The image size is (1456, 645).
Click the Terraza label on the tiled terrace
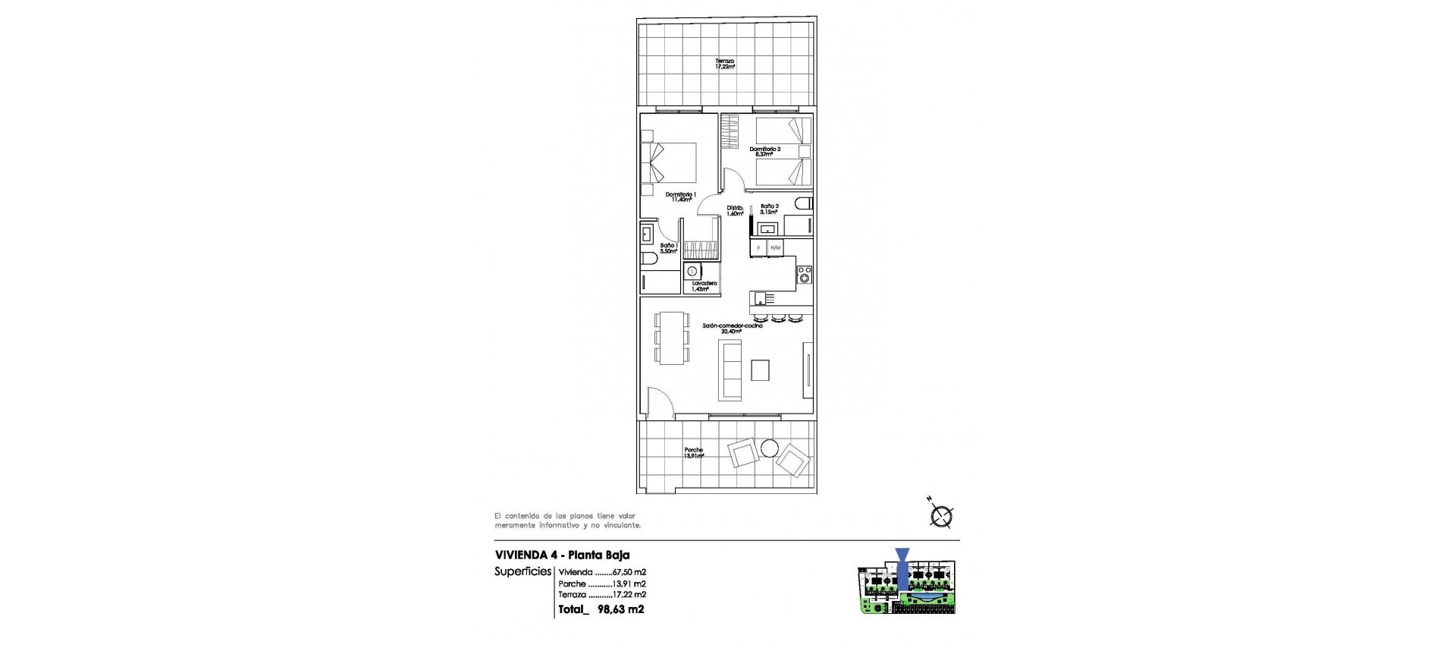[x=725, y=64]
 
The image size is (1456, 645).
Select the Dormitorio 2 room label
[x=764, y=151]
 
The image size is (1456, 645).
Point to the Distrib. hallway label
[x=735, y=210]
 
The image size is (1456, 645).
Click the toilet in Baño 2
[x=805, y=203]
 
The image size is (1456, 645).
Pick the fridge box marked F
[x=758, y=248]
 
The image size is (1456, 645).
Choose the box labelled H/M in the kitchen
[x=775, y=248]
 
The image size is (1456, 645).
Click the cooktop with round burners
[x=805, y=275]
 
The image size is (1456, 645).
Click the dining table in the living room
[x=141, y=338]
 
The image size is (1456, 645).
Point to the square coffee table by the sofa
[x=760, y=370]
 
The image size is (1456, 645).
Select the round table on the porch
[x=770, y=448]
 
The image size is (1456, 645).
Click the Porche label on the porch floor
[x=693, y=453]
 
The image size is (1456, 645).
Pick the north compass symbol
[x=941, y=517]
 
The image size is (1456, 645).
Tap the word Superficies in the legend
[x=523, y=572]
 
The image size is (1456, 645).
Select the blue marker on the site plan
[x=902, y=565]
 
